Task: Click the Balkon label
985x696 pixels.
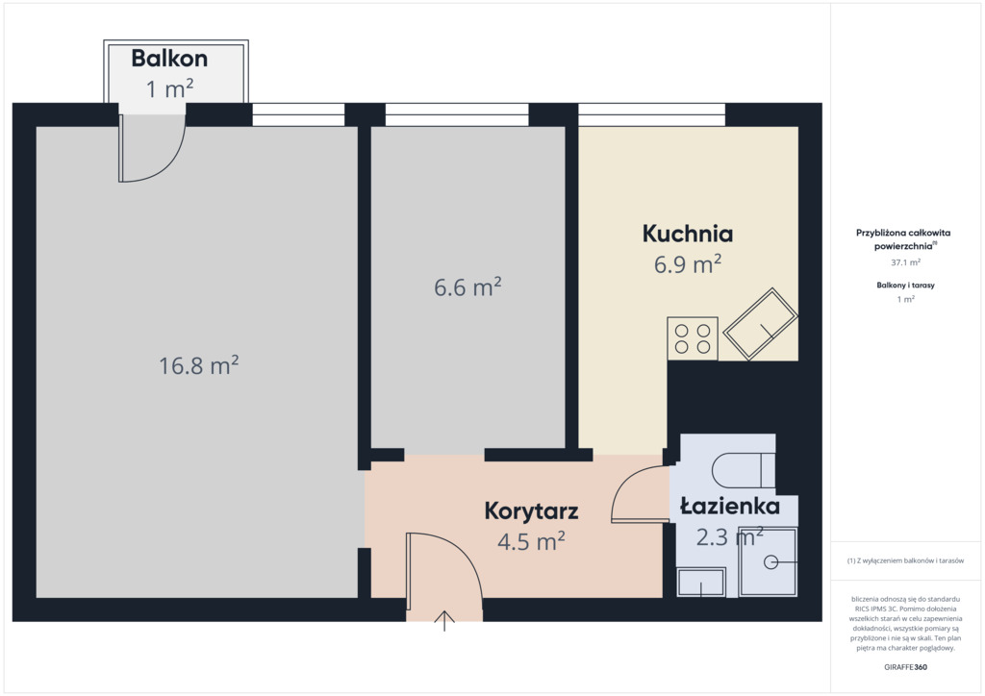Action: [x=169, y=59]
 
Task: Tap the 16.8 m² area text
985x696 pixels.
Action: [x=198, y=365]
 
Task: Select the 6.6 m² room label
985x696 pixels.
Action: [x=467, y=286]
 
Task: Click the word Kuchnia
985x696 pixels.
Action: [x=687, y=234]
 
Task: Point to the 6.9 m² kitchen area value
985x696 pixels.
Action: [x=687, y=264]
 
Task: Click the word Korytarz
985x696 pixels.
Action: [x=531, y=510]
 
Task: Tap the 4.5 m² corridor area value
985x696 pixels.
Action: [x=531, y=541]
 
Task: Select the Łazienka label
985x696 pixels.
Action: [x=730, y=506]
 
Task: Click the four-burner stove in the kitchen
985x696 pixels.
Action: [x=693, y=338]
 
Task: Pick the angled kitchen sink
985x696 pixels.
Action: [x=760, y=324]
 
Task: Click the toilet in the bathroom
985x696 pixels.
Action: [x=744, y=469]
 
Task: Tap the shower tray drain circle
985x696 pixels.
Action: [x=770, y=561]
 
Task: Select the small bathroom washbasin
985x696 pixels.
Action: [x=701, y=582]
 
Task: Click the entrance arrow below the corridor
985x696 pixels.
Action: [x=444, y=621]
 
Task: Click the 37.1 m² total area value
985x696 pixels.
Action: [x=906, y=262]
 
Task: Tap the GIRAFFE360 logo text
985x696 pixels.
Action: [x=905, y=667]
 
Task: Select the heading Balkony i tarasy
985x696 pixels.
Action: [x=906, y=285]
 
